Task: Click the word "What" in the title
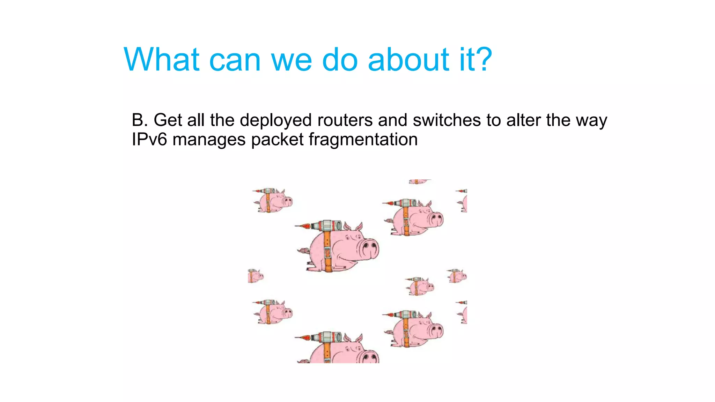[x=162, y=60]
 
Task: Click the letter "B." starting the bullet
[x=140, y=120]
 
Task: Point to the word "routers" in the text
[x=345, y=120]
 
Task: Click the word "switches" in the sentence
[x=447, y=120]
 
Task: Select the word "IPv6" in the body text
[x=149, y=139]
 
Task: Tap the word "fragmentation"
[x=363, y=140]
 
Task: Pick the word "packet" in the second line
[x=277, y=140]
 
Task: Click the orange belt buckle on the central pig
[x=327, y=252]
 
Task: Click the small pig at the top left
[x=273, y=201]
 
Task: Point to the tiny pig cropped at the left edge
[x=255, y=276]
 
